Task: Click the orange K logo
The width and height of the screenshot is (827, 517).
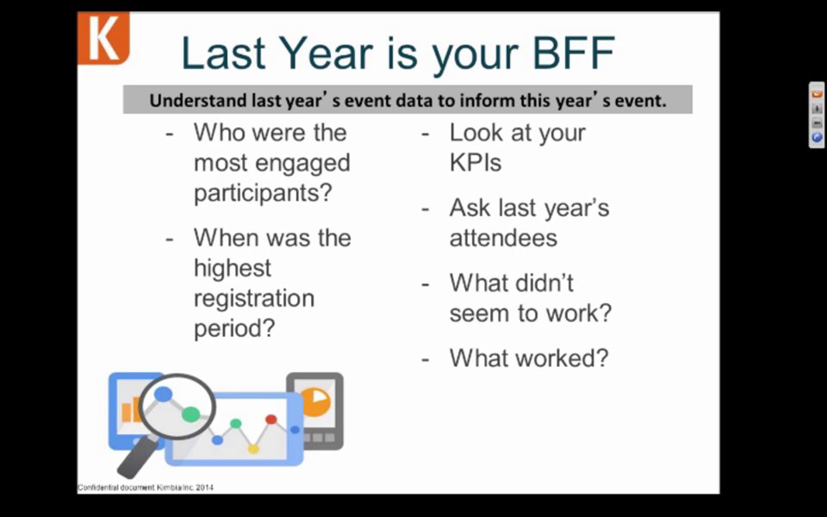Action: pos(104,38)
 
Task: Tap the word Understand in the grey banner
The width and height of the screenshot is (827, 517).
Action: pos(199,100)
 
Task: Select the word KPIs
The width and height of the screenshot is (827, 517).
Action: pos(476,162)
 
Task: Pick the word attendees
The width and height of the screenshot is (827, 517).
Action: pos(503,238)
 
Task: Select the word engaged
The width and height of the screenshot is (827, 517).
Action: pos(303,163)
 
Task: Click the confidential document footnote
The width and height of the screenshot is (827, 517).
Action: pos(145,487)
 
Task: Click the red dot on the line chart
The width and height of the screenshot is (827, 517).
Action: pos(271,419)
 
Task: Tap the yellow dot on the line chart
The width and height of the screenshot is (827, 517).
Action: pos(253,449)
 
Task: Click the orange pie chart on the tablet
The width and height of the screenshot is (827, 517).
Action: pos(315,403)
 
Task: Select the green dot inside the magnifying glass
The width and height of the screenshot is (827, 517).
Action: pos(191,414)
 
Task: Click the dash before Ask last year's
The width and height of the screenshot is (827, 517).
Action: pos(425,209)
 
